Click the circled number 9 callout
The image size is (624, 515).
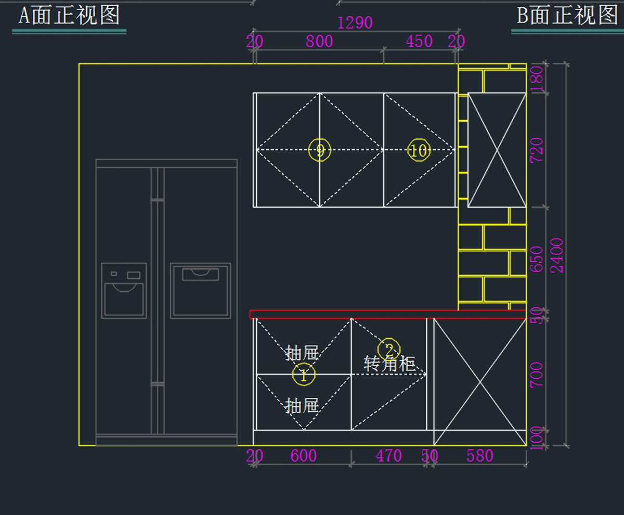coord(319,150)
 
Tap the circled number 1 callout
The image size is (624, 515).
coord(304,375)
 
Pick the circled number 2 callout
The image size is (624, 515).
coord(389,350)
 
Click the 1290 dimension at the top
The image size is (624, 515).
coord(355,23)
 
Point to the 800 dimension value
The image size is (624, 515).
coord(319,41)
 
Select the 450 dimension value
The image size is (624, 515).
coord(419,41)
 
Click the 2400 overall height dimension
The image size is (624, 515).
coord(557,255)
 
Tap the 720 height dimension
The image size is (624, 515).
coord(537,150)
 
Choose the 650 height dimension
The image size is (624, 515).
coord(537,259)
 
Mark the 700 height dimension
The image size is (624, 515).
coord(537,375)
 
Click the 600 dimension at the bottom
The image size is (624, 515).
coord(303,456)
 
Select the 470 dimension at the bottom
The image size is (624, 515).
coord(389,456)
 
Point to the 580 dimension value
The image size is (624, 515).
coord(479,456)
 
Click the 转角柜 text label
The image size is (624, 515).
coord(389,364)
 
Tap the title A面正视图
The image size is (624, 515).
coord(69,16)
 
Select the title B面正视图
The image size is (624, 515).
coord(567,16)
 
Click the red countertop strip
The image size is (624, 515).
coord(364,314)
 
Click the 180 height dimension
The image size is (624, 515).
coord(537,79)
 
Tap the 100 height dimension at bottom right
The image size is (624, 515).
coord(538,437)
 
